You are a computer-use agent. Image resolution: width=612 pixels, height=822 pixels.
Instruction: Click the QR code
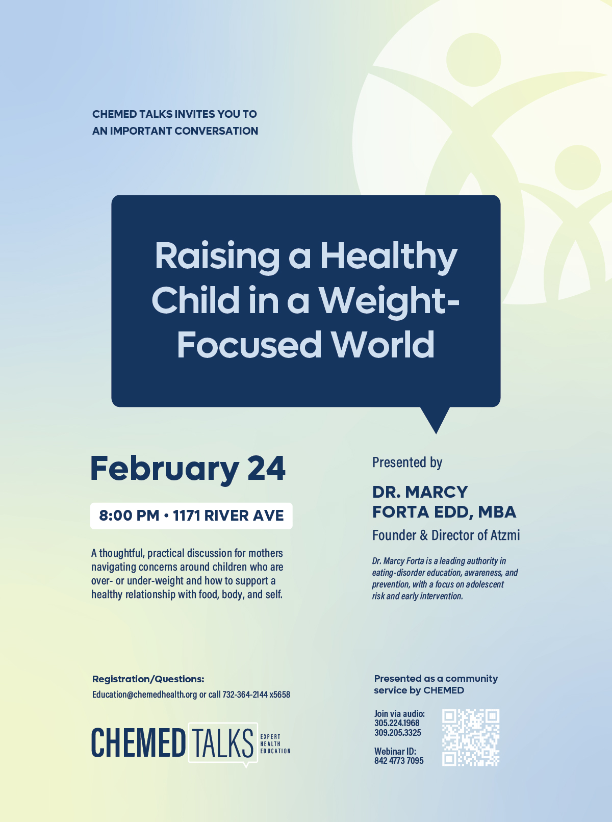[470, 737]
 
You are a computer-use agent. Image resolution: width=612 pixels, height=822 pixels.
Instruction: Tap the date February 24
[188, 469]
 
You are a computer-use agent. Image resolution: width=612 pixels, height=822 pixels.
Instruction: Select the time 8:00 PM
[129, 516]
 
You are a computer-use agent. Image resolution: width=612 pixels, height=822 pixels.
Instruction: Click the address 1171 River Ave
[228, 516]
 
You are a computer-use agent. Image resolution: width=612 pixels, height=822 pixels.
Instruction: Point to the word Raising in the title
[217, 256]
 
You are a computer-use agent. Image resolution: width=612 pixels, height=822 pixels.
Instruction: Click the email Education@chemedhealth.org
[144, 695]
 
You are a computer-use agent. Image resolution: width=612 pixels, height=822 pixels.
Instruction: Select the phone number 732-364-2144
[245, 695]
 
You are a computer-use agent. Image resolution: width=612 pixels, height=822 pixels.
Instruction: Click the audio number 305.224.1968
[397, 723]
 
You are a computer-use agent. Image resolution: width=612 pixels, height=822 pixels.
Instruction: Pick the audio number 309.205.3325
[398, 733]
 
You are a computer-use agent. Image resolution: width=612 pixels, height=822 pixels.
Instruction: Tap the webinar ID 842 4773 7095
[399, 761]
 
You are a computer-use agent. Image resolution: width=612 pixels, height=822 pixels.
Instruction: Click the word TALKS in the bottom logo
[222, 743]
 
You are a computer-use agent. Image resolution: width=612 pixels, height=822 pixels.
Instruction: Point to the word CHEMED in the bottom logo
[138, 743]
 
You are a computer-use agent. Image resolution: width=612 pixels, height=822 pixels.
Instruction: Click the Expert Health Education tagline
[275, 744]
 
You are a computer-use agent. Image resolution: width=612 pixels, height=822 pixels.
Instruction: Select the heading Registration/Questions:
[148, 679]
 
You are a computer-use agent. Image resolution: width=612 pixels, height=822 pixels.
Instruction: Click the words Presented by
[407, 463]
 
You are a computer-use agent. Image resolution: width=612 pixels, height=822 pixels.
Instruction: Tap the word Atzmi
[505, 535]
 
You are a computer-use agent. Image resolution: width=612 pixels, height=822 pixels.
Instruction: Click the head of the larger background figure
[473, 60]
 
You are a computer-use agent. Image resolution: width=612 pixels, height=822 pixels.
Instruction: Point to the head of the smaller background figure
[577, 167]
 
